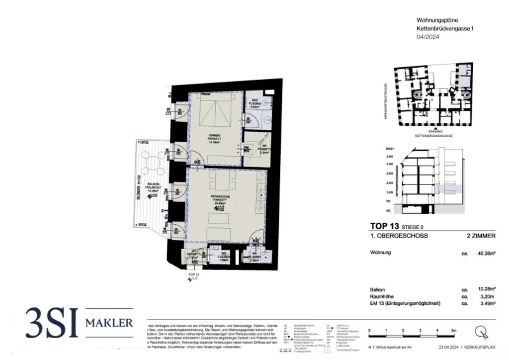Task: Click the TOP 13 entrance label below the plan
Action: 193,274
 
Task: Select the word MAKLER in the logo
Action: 109,323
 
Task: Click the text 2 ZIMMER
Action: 480,236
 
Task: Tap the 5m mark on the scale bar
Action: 453,330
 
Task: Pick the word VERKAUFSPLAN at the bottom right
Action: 480,346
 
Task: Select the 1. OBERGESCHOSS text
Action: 399,236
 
